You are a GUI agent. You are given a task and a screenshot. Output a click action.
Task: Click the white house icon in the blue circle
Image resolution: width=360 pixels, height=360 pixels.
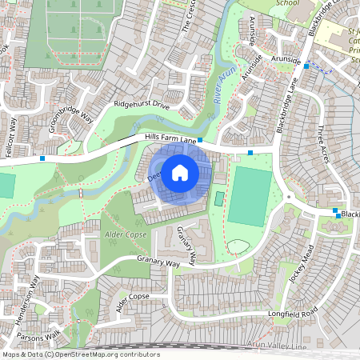point(180,172)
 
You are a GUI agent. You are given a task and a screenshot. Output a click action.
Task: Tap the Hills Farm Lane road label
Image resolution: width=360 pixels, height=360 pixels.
point(170,139)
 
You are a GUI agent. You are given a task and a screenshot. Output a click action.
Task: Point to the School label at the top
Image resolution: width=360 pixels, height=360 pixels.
point(287,3)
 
